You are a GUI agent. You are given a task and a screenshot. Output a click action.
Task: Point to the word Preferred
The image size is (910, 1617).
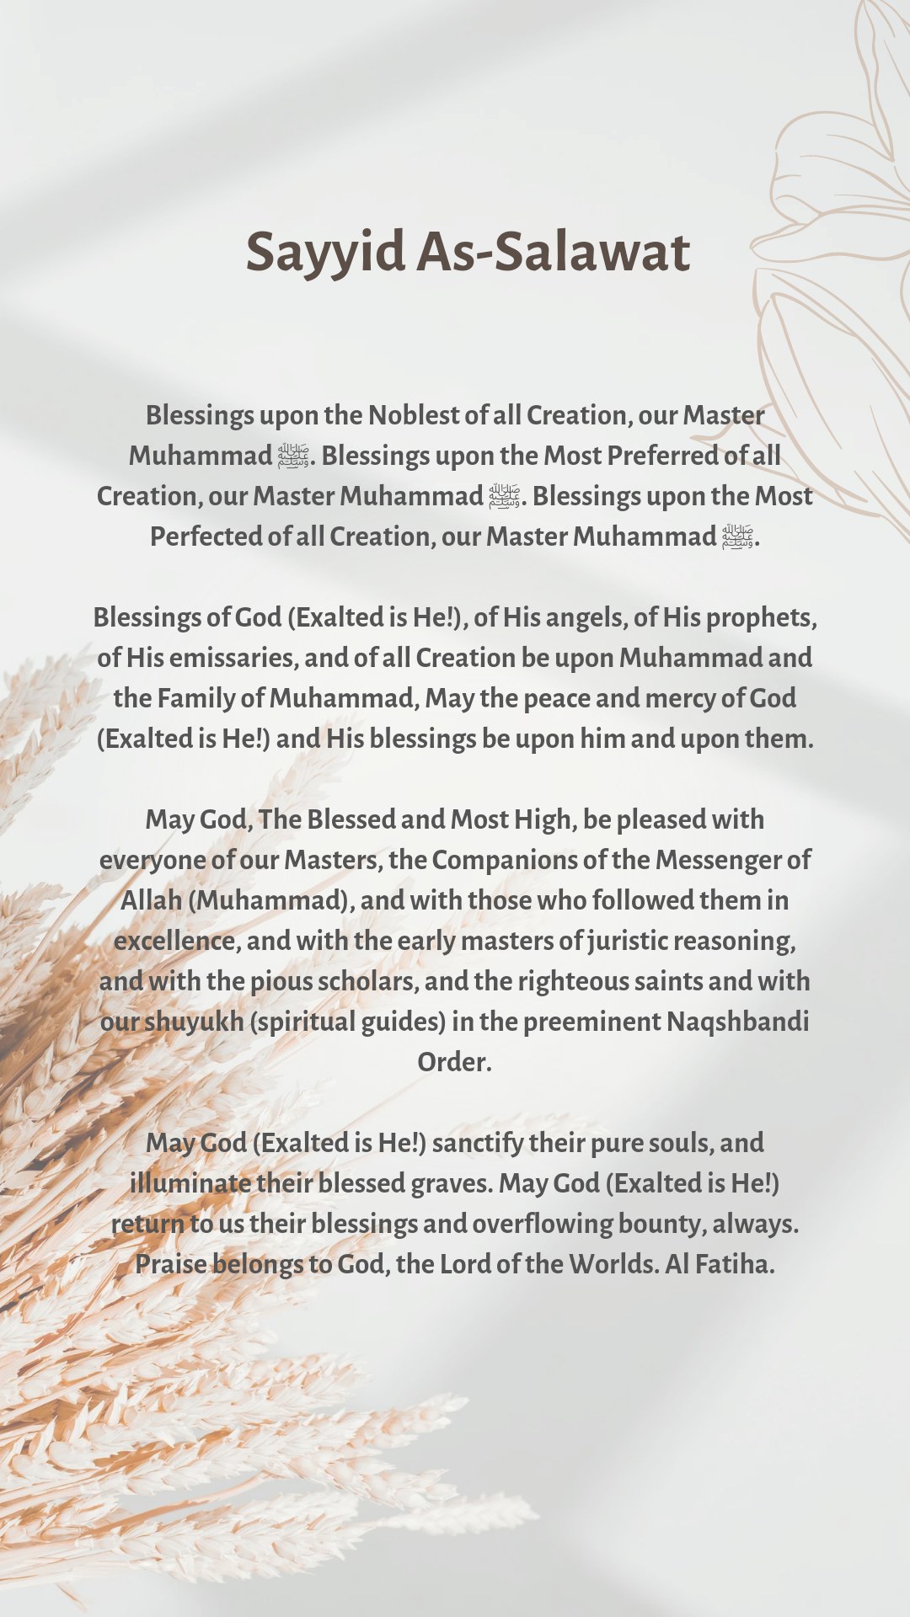[662, 456]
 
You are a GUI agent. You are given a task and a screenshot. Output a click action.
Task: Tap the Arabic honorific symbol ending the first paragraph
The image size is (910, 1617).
[736, 536]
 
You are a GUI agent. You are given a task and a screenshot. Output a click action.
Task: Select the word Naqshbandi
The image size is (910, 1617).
[737, 1022]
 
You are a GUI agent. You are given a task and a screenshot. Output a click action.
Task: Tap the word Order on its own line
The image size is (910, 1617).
[453, 1062]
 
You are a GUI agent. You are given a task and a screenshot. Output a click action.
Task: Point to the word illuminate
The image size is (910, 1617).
[190, 1183]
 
